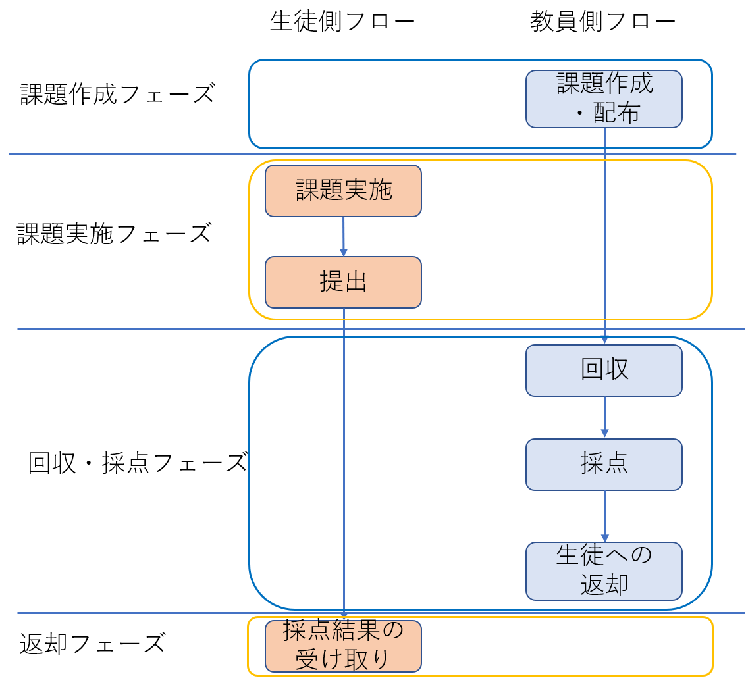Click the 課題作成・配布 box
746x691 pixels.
click(x=604, y=99)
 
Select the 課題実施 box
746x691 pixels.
click(x=343, y=191)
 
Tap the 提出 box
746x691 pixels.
click(x=343, y=282)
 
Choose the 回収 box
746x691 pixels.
click(x=604, y=371)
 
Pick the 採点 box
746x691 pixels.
click(x=604, y=465)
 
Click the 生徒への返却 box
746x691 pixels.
click(x=604, y=571)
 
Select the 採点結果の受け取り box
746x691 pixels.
click(x=343, y=646)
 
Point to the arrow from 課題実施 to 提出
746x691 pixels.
click(x=343, y=236)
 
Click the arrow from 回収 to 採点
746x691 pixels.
click(x=604, y=417)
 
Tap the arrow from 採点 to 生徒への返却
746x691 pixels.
click(x=604, y=516)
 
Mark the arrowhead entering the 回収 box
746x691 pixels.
click(x=604, y=340)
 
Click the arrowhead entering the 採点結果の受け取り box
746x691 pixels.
click(x=343, y=615)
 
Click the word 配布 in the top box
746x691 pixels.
click(x=616, y=113)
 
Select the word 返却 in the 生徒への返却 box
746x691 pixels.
click(x=604, y=585)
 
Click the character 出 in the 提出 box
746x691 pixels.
click(x=356, y=282)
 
